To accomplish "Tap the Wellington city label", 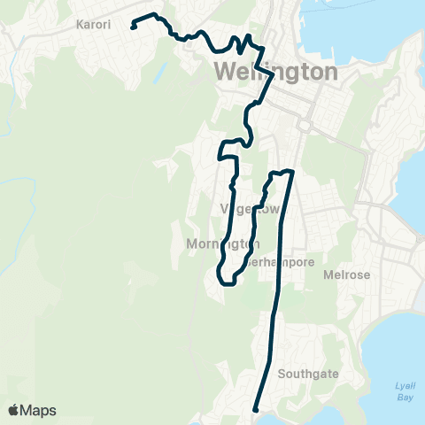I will click(275, 72).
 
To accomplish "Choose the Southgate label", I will click(308, 374).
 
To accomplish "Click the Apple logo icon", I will click(14, 410).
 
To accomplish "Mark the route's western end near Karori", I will click(133, 27).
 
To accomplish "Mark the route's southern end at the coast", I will click(255, 410).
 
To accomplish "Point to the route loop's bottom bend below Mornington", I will click(228, 283).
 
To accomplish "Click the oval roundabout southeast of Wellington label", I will click(305, 126).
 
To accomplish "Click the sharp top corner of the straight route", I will click(290, 173).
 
